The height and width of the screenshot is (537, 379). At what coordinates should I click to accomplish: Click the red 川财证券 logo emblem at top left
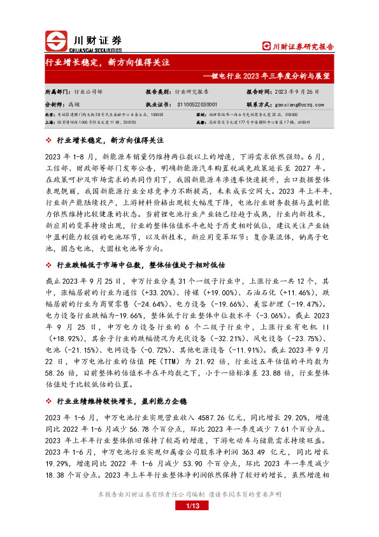coord(56,41)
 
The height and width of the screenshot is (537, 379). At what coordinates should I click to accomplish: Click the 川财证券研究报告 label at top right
coord(299,46)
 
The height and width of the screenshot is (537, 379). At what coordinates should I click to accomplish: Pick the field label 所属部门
coord(57,91)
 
